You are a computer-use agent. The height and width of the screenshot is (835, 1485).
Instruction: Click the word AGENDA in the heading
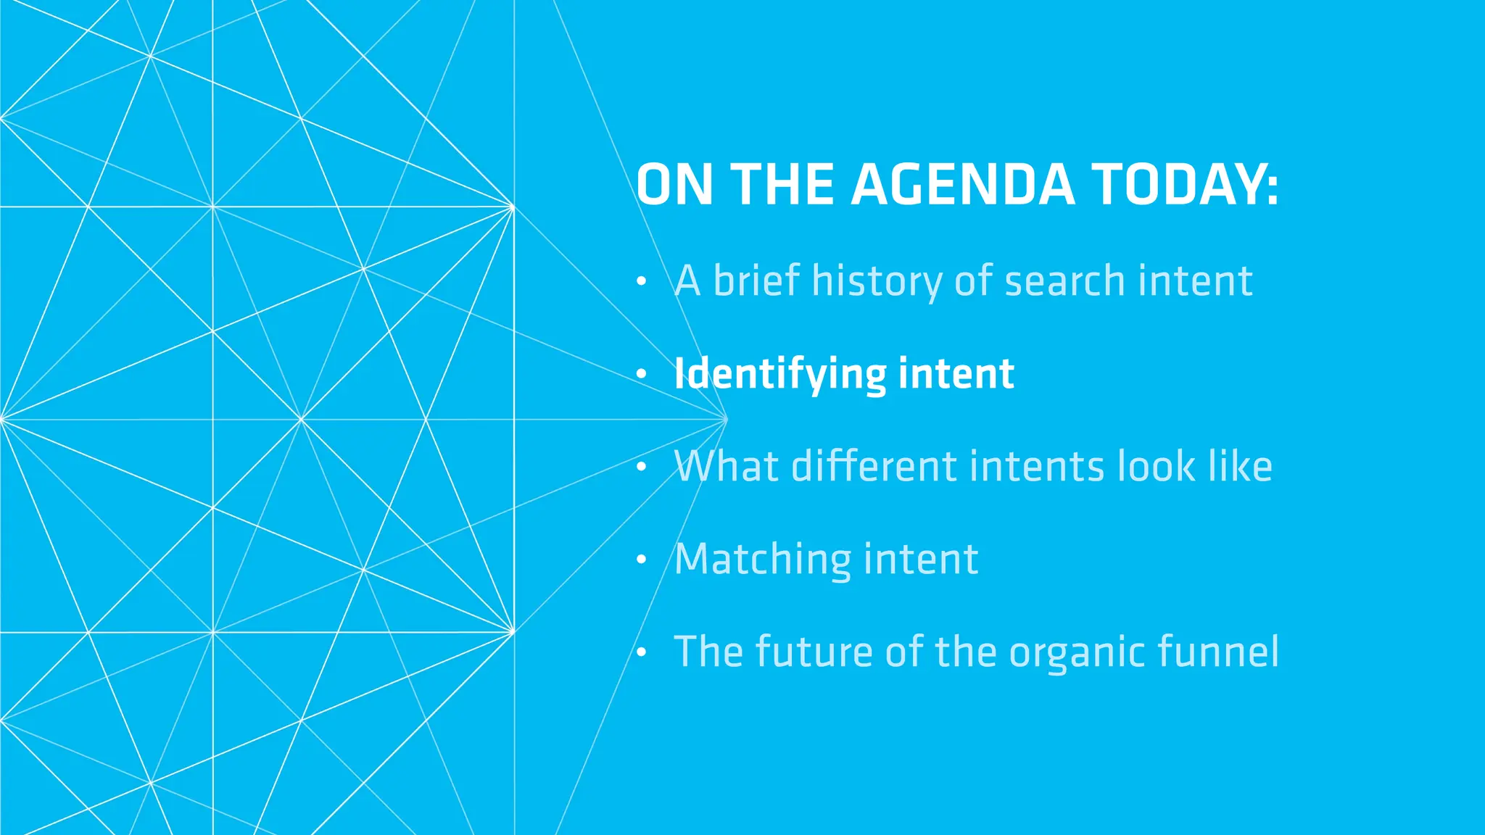(x=962, y=185)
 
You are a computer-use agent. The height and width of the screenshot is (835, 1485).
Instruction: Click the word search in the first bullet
(x=1065, y=281)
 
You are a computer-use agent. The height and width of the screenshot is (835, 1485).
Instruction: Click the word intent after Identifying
(x=956, y=374)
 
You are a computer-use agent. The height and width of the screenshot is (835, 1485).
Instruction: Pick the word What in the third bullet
(x=727, y=466)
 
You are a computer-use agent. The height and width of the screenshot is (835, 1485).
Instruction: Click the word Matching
(x=763, y=560)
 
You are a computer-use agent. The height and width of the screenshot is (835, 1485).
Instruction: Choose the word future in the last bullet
(x=814, y=652)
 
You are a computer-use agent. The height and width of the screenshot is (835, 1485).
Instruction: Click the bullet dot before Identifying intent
(x=641, y=375)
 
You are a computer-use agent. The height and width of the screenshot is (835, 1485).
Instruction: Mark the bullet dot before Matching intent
(x=641, y=560)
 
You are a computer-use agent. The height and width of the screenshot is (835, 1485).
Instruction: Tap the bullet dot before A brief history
(x=641, y=282)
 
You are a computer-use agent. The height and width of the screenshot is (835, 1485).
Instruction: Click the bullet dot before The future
(x=641, y=652)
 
